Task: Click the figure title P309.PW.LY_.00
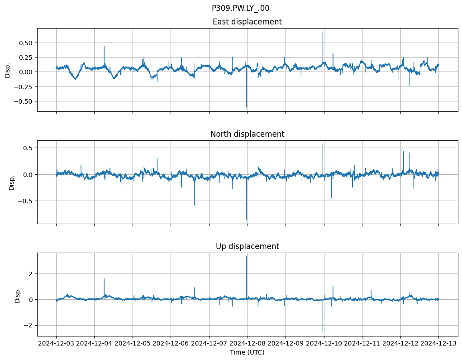click(240, 8)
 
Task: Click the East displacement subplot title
click(247, 22)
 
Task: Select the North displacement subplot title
click(247, 134)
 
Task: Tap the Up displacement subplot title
click(247, 246)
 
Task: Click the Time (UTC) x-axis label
click(247, 352)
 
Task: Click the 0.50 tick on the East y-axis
click(26, 43)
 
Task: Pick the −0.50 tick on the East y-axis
click(24, 101)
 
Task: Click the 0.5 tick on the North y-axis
click(28, 148)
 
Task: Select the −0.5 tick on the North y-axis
click(26, 201)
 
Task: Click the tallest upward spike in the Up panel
click(247, 257)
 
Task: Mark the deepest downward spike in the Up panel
click(323, 331)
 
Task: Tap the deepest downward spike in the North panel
click(247, 219)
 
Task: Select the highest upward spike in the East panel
click(323, 32)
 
